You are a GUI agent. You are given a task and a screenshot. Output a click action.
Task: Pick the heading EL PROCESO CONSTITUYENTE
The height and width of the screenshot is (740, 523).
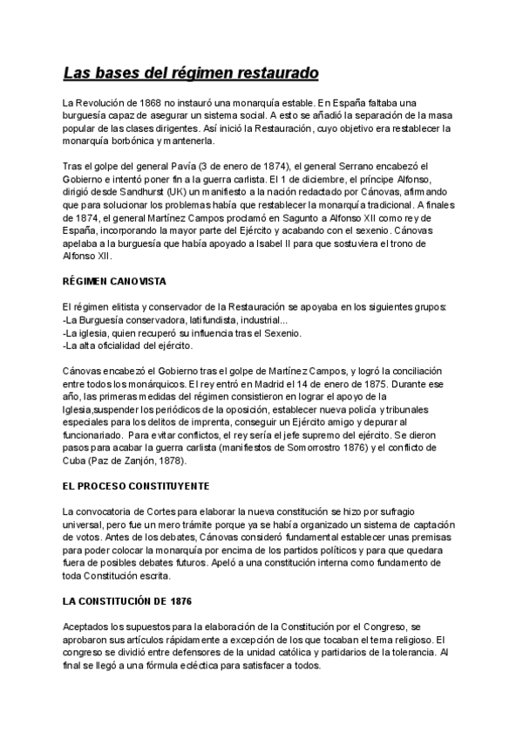point(136,486)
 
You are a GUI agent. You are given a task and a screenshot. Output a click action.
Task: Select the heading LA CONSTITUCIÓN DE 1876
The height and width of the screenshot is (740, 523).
point(128,602)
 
